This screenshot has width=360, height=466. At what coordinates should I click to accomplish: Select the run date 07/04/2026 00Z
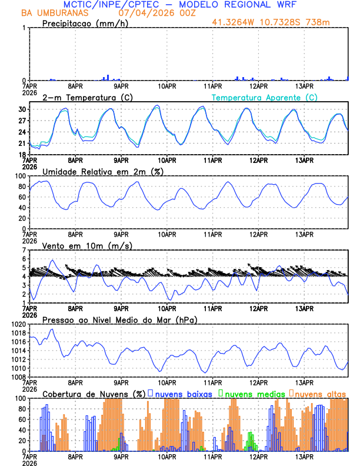click(x=154, y=12)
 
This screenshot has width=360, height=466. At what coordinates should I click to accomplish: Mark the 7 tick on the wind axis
click(x=24, y=250)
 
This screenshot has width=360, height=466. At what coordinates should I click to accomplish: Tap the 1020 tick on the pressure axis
click(x=18, y=324)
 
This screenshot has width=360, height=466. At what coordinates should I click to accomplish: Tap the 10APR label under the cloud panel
click(x=167, y=456)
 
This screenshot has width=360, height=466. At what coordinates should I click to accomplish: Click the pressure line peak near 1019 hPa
click(x=53, y=329)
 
